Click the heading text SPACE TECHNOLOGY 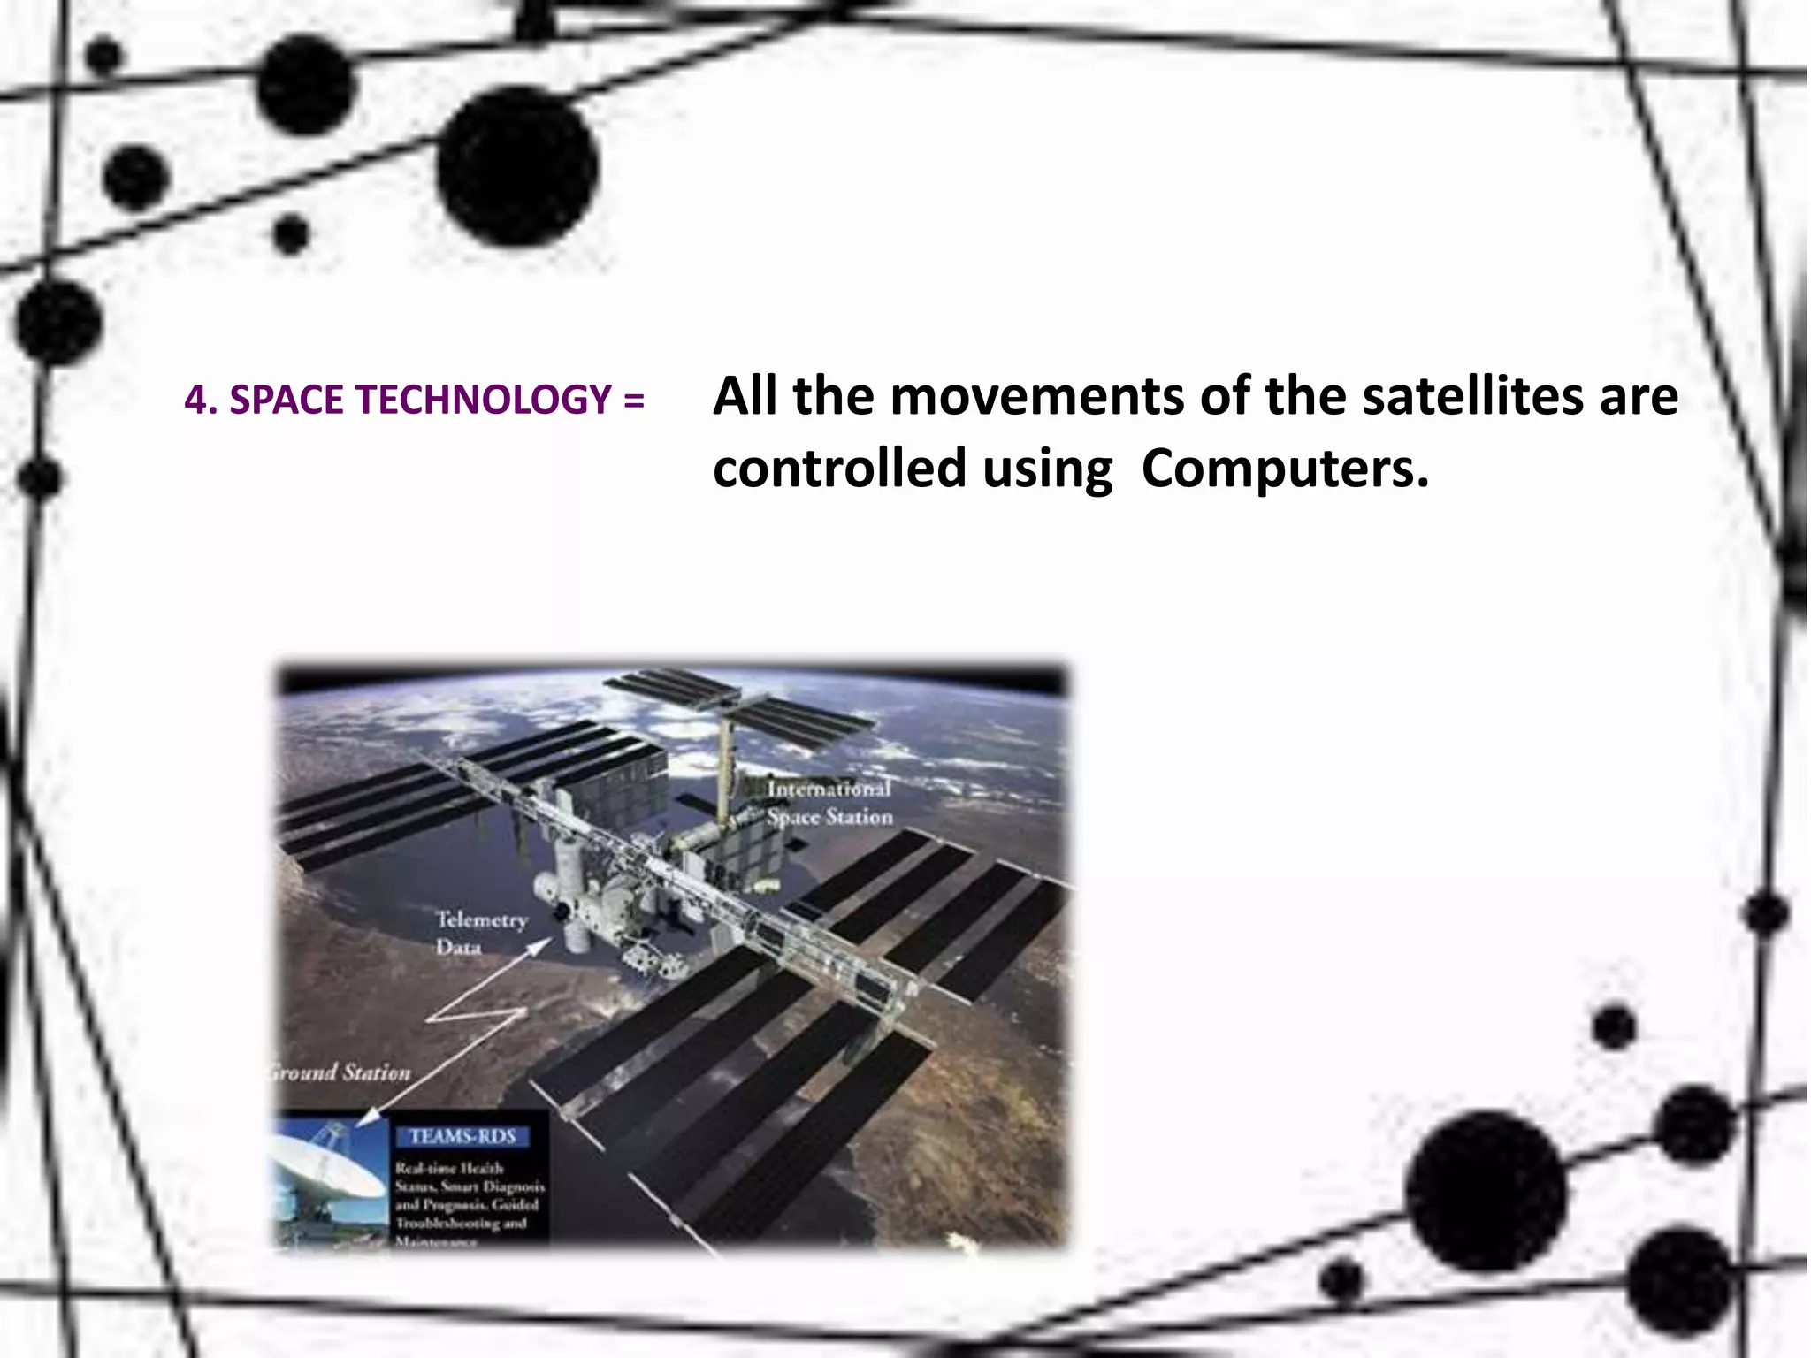420,401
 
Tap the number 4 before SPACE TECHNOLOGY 195,401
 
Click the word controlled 839,468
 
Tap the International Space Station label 829,803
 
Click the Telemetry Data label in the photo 480,933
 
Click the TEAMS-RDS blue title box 462,1136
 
